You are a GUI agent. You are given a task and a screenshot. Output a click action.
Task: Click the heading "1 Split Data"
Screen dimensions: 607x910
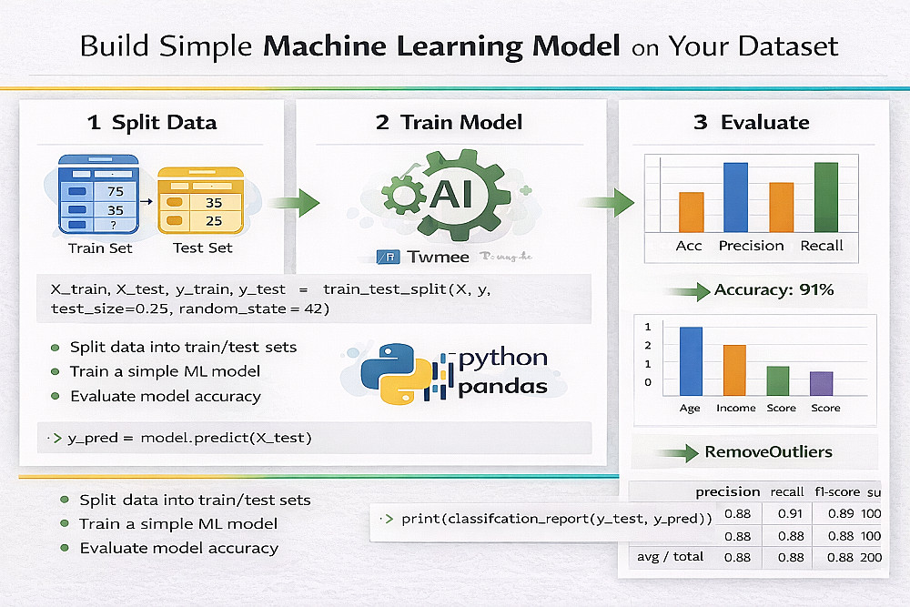[x=152, y=123]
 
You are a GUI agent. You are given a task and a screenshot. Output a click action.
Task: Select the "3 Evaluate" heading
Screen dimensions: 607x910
[x=751, y=123]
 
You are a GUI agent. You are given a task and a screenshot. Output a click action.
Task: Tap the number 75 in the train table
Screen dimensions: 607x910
[x=115, y=191]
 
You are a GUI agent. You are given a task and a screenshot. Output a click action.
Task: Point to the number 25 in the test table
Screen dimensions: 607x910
[x=214, y=221]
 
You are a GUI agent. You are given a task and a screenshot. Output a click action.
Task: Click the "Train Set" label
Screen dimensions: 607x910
[x=100, y=248]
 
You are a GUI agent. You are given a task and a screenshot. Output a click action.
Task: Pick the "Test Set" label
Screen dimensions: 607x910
[x=202, y=248]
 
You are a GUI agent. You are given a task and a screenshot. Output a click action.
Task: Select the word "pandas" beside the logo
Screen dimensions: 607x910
[x=503, y=387]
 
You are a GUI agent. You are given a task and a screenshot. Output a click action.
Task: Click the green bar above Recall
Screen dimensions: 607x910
[x=825, y=197]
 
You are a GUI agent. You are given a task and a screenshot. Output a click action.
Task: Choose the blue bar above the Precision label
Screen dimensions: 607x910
[x=735, y=197]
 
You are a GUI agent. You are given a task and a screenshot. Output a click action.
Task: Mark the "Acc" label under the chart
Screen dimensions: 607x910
[x=689, y=246]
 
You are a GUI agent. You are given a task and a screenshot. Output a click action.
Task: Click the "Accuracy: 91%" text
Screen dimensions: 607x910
[x=774, y=290]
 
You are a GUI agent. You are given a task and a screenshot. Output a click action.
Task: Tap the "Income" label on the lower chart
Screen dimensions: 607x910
[x=735, y=408]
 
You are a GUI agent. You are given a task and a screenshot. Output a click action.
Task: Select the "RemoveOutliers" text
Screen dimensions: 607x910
[x=768, y=451]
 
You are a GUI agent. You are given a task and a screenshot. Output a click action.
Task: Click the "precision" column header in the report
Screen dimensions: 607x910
[x=728, y=492]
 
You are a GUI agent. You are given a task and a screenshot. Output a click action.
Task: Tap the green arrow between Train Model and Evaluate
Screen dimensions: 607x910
[x=610, y=202]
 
